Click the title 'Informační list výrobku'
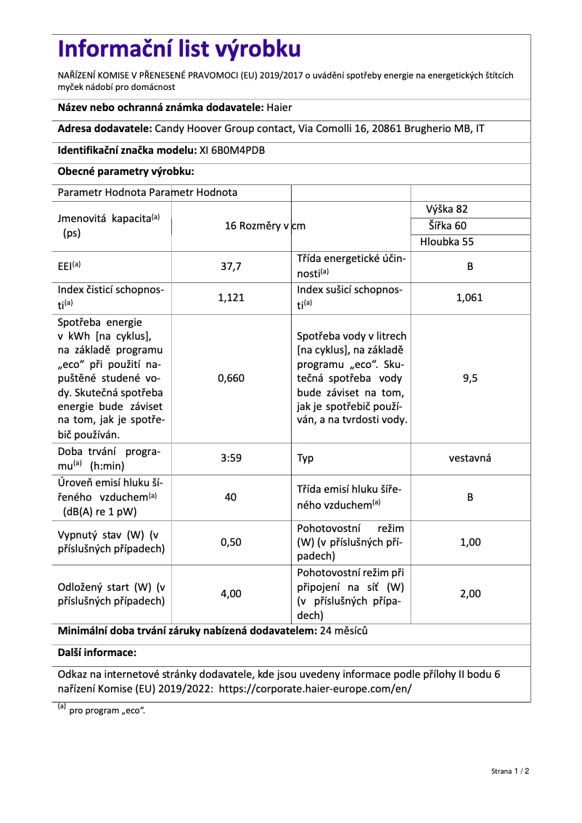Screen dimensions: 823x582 179,49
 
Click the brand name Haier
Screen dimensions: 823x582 279,107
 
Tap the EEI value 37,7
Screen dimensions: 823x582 231,266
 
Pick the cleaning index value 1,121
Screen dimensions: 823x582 231,298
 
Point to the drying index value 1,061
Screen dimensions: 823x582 470,298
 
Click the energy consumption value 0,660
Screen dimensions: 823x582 231,378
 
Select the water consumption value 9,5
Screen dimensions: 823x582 470,378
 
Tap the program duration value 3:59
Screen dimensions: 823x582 231,458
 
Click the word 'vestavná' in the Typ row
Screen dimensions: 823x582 470,458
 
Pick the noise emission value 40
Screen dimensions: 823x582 231,497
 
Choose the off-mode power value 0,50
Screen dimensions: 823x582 231,542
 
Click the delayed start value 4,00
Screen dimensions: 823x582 231,594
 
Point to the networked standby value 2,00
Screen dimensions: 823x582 470,594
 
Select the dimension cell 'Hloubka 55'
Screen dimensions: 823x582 447,242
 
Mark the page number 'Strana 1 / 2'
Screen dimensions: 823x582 505,771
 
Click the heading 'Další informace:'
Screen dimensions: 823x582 97,652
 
